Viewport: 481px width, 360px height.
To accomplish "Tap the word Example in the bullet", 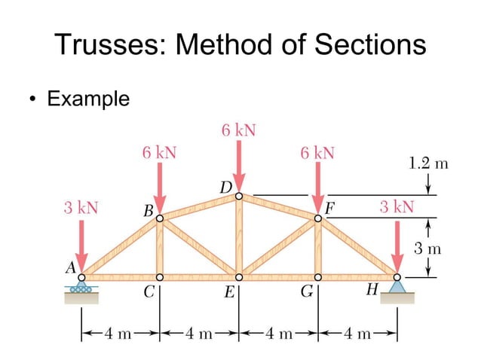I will pyautogui.click(x=88, y=99).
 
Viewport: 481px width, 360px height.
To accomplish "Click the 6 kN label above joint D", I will pyautogui.click(x=238, y=130).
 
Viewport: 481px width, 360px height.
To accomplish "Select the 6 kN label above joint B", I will pyautogui.click(x=159, y=153).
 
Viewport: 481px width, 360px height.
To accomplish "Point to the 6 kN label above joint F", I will pyautogui.click(x=317, y=153).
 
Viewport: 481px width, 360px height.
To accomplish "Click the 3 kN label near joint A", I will pyautogui.click(x=80, y=207).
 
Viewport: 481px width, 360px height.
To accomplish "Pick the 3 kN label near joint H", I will pyautogui.click(x=397, y=207).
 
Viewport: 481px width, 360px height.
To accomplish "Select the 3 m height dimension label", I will pyautogui.click(x=428, y=247).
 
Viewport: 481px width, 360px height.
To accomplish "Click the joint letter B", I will pyautogui.click(x=148, y=212).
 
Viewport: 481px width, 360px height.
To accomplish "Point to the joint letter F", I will pyautogui.click(x=329, y=207).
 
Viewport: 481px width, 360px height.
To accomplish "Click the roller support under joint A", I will pyautogui.click(x=81, y=288).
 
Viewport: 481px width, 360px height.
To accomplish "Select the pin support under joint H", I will pyautogui.click(x=397, y=286).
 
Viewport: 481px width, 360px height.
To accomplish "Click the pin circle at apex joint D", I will pyautogui.click(x=238, y=196).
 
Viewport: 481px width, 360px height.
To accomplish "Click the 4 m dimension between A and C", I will pyautogui.click(x=119, y=331).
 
